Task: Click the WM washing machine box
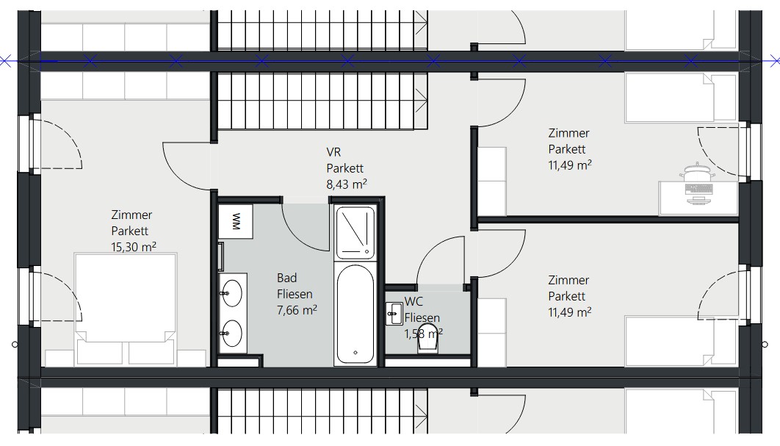236,221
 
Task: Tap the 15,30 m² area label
134,246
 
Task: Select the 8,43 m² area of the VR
347,184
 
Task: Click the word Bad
287,278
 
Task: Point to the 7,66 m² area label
297,310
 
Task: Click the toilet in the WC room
428,339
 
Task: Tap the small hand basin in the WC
394,314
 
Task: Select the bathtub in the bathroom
355,314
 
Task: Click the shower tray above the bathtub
355,232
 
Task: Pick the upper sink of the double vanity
232,292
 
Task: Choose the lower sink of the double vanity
232,333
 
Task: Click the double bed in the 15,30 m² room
126,309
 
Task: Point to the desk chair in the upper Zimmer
698,173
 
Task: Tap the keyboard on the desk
699,189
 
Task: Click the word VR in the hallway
333,152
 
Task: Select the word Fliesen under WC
422,317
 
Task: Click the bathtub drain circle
355,353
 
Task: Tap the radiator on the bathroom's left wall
221,256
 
